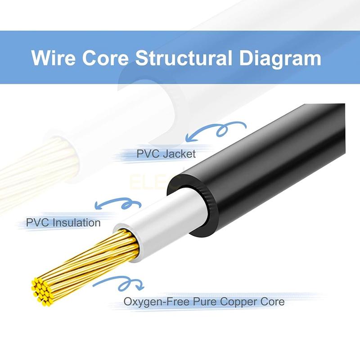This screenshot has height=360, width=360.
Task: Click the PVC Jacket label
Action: (166, 154)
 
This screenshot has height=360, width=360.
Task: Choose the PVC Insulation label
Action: (63, 222)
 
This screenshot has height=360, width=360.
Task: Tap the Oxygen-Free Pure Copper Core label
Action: (204, 301)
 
